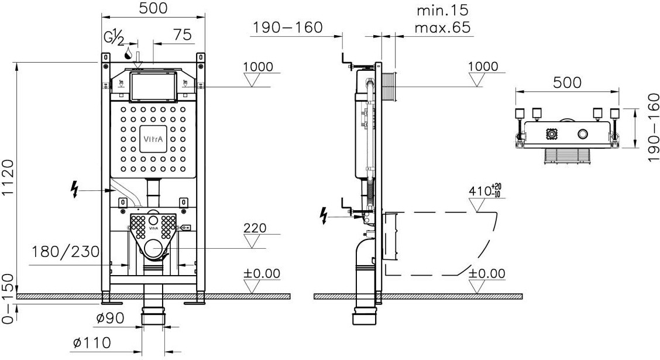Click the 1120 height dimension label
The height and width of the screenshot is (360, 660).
coord(9,172)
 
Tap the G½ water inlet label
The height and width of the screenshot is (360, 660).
coord(114,38)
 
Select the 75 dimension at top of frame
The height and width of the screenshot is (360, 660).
coord(183,35)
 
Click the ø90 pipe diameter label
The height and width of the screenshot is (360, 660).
coord(110,318)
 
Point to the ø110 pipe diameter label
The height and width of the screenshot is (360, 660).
coord(91,342)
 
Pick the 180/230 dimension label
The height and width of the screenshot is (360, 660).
coord(66,252)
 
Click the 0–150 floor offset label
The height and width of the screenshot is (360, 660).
coord(9,299)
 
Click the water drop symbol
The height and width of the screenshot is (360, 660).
coord(128,53)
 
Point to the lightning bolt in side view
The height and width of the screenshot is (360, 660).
coord(323,215)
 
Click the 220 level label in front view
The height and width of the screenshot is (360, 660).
coord(255,228)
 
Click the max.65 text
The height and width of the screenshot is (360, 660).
coord(442,28)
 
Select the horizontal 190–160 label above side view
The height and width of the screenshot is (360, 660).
coord(287,28)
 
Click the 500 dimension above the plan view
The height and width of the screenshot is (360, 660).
coord(567,83)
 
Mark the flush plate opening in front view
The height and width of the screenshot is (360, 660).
coord(153,86)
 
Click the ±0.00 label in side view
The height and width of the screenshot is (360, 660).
coord(487,273)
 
